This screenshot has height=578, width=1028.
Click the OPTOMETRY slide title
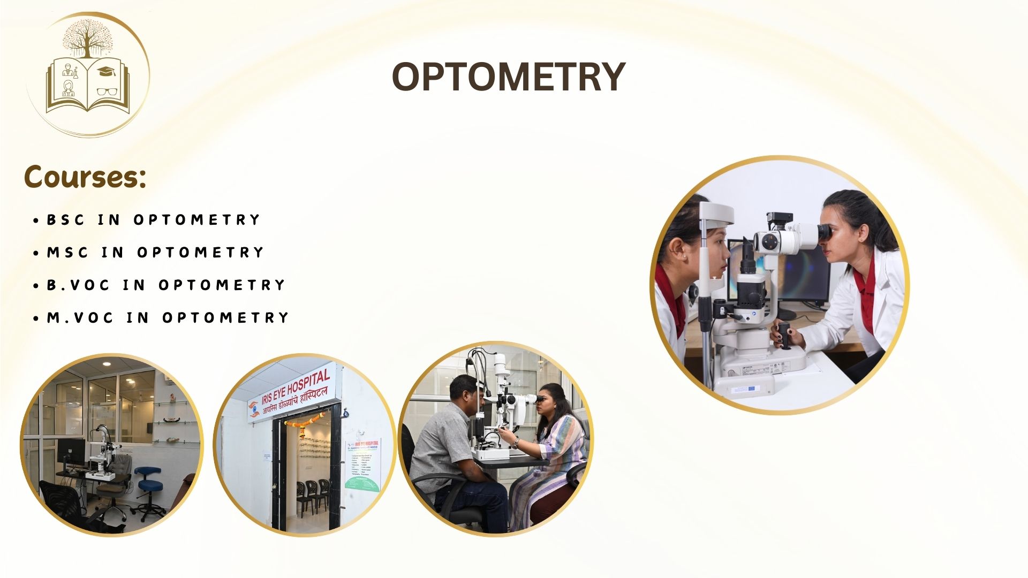click(x=509, y=77)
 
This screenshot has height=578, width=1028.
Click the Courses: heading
click(x=85, y=177)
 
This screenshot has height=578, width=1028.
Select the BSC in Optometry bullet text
click(x=153, y=220)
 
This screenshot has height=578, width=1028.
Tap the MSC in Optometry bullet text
click(x=155, y=253)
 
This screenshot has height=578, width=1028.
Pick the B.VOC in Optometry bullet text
click(x=166, y=285)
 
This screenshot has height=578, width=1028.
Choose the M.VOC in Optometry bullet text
click(x=168, y=318)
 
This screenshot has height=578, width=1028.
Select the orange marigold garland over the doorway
click(x=305, y=421)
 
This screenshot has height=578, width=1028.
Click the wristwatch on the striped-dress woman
click(x=515, y=443)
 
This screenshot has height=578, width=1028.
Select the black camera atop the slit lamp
click(x=779, y=219)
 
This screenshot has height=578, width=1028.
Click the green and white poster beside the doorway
click(x=362, y=466)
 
